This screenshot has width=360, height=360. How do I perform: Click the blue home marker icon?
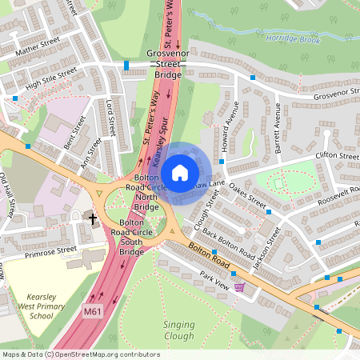180,172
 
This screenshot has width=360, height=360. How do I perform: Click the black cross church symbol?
93,218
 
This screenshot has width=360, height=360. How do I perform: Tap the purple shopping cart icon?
238,286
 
